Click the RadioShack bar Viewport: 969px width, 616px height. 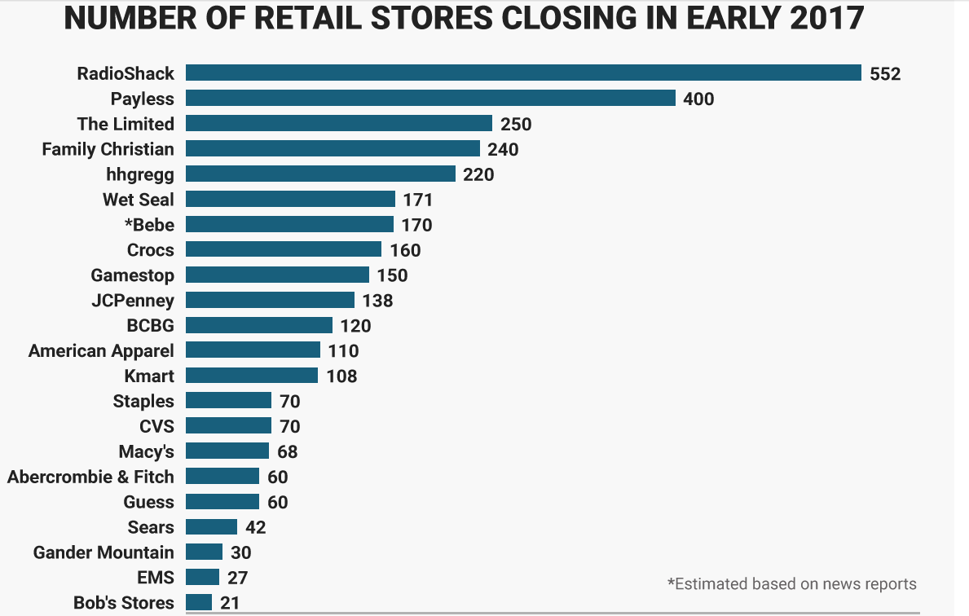pos(523,73)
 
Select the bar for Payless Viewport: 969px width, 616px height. pos(431,99)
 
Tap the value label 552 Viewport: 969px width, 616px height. pos(885,74)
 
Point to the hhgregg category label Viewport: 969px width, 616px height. pos(140,175)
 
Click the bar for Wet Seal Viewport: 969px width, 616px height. pos(290,199)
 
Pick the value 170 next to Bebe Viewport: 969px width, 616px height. pos(417,225)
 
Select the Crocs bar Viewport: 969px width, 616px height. pos(284,249)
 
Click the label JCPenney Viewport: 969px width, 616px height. pos(133,301)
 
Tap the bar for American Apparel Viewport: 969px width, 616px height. pos(253,350)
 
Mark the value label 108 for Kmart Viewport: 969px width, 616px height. pos(341,376)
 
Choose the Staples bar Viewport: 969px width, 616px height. pos(229,400)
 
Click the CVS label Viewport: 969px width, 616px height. pos(157,426)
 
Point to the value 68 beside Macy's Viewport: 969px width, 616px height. pos(288,451)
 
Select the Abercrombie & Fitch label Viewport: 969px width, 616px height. pos(90,477)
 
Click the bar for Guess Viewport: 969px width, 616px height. pos(222,501)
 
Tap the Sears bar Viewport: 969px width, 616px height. pos(211,526)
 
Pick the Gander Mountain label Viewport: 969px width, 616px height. pos(104,552)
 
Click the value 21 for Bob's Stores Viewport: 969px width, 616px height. pos(230,603)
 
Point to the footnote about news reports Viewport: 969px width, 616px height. pos(792,584)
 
